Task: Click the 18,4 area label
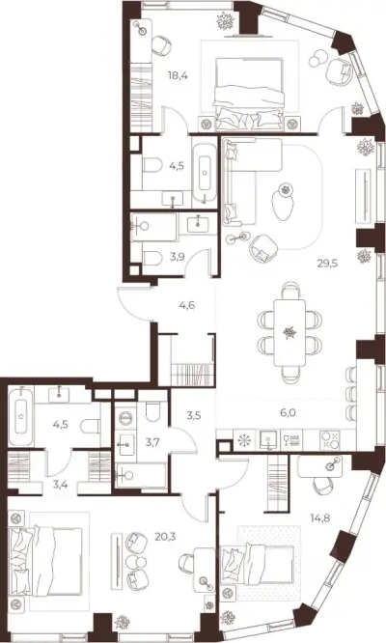(178, 75)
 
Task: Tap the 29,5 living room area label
(327, 264)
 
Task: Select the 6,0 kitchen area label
(289, 413)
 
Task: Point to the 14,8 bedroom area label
(320, 517)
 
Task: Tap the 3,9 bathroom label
(177, 257)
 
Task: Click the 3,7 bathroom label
(152, 441)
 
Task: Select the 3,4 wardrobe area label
(60, 485)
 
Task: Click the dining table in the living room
(289, 332)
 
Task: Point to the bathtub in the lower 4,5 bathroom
(21, 416)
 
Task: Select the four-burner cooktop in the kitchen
(329, 440)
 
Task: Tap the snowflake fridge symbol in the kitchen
(245, 441)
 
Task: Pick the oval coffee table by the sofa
(283, 204)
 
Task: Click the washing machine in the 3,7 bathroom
(125, 418)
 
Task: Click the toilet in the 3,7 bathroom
(152, 411)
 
